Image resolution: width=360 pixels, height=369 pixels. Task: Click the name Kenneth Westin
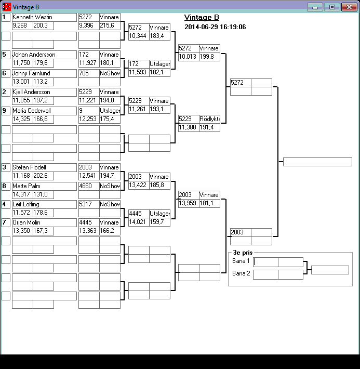coord(32,17)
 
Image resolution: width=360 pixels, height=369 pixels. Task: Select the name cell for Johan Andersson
coord(34,55)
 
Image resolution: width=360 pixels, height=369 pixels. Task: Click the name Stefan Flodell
coord(30,167)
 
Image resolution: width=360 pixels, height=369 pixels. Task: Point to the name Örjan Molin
coord(26,222)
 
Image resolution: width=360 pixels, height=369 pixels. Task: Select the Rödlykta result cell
coord(209,119)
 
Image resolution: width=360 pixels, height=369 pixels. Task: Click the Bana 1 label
coord(241,261)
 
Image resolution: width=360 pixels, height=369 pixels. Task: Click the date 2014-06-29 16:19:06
coord(215,27)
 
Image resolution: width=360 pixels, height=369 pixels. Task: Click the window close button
coord(348,7)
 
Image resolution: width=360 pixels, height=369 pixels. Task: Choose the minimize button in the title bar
coord(315,7)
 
